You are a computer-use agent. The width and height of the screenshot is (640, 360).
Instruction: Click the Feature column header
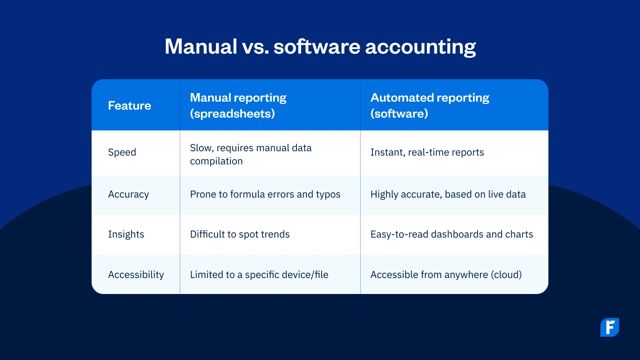(x=130, y=106)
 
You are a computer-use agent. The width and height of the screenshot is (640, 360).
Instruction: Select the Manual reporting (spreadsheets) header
(x=238, y=106)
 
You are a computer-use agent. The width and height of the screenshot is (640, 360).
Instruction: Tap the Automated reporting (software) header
(x=430, y=106)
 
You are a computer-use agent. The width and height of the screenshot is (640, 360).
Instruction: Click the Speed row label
(x=122, y=152)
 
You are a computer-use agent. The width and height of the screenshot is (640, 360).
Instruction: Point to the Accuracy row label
(x=128, y=194)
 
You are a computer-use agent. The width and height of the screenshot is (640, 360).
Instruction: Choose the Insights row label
(x=126, y=234)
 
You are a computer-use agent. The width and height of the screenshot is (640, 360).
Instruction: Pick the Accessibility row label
(x=136, y=274)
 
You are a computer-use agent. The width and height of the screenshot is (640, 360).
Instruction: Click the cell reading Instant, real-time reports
(x=427, y=152)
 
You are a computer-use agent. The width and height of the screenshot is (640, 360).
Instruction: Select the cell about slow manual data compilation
(x=250, y=154)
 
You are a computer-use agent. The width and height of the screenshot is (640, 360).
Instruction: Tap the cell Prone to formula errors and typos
(x=265, y=194)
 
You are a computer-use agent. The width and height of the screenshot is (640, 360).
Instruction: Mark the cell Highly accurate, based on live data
(x=448, y=194)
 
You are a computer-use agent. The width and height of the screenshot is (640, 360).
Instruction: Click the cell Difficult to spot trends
(x=240, y=234)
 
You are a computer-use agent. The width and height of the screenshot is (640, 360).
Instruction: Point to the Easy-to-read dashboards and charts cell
(x=452, y=234)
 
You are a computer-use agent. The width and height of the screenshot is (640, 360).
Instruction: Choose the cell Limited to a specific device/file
(x=259, y=274)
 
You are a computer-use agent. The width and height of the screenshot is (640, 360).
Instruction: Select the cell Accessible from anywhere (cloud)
(x=446, y=274)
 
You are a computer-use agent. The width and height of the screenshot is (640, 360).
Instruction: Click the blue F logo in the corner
(x=610, y=328)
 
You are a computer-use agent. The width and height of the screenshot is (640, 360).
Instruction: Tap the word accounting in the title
(x=420, y=47)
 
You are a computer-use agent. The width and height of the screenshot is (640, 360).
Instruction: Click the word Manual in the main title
(x=201, y=46)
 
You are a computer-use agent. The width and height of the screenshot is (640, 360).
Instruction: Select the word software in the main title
(x=317, y=46)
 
